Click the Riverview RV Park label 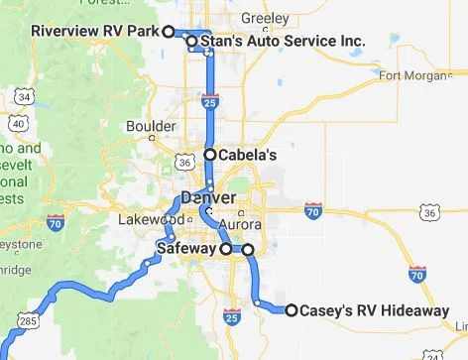95,31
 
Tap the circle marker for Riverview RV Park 169,31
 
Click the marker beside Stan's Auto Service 191,42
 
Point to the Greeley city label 266,18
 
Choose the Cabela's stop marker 210,155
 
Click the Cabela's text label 248,156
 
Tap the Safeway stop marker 226,249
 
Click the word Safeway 186,249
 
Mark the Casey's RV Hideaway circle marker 292,310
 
